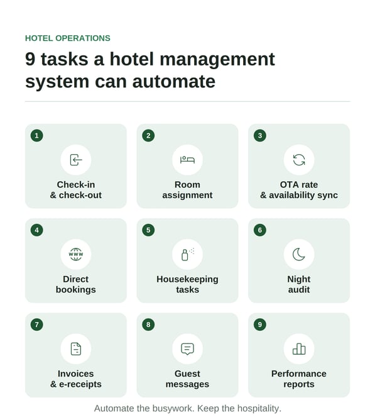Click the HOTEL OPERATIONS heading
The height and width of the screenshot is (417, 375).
tap(67, 38)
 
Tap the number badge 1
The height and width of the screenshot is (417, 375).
tap(36, 135)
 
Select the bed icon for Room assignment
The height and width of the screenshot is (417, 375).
tap(187, 160)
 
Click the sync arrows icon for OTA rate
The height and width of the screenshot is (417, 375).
tap(299, 160)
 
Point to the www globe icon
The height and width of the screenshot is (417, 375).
tap(75, 254)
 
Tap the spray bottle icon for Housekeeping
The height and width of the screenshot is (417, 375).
tap(187, 255)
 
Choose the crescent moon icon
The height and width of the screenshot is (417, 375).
tap(299, 255)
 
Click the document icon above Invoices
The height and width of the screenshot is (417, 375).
tap(75, 349)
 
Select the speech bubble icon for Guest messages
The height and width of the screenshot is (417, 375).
tap(187, 349)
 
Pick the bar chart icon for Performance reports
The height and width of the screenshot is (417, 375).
tap(299, 349)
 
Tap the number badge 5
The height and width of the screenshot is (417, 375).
tap(148, 230)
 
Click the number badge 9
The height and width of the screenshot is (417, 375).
tap(260, 325)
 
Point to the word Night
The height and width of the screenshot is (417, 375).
tap(299, 279)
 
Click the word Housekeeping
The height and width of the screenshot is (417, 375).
tap(187, 279)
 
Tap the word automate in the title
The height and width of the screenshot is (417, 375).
tap(174, 81)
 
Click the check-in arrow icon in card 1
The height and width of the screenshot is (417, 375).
tap(76, 160)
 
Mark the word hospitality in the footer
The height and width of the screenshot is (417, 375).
tap(259, 408)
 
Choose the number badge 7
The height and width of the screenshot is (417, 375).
tap(36, 325)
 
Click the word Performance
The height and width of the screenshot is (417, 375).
tap(299, 374)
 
